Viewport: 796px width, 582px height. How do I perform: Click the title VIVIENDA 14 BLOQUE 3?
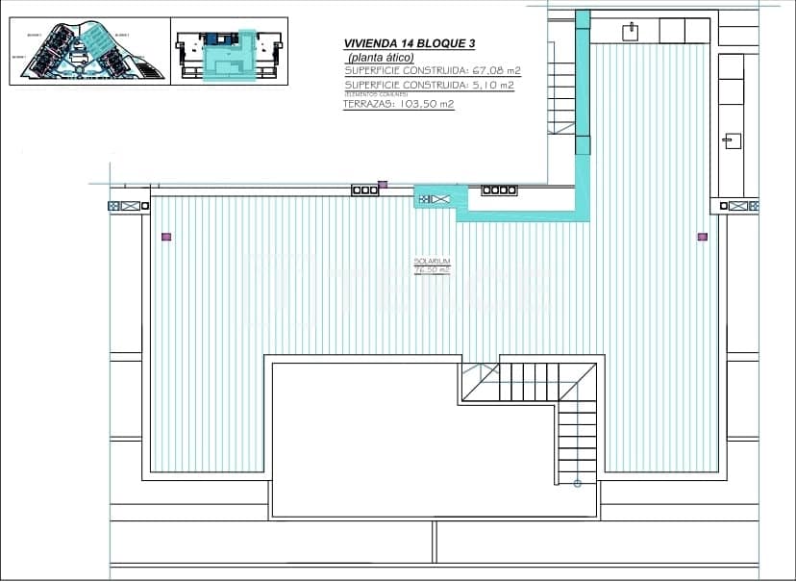pyautogui.click(x=410, y=43)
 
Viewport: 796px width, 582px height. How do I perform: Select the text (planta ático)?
pyautogui.click(x=381, y=58)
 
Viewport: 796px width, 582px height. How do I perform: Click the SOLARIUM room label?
pyautogui.click(x=433, y=262)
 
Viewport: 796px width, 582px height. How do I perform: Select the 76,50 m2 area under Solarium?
pyautogui.click(x=433, y=270)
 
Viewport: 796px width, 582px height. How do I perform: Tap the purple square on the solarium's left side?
pyautogui.click(x=166, y=236)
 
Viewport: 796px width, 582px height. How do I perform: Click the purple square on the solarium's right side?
pyautogui.click(x=703, y=236)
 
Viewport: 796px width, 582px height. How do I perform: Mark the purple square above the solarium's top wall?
pyautogui.click(x=383, y=184)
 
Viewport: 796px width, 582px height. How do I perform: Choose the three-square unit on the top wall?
pyautogui.click(x=365, y=190)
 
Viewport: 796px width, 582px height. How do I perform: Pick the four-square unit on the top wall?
pyautogui.click(x=499, y=190)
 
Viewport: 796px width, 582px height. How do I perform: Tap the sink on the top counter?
pyautogui.click(x=631, y=31)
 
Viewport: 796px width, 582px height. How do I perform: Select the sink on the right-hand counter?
pyautogui.click(x=733, y=140)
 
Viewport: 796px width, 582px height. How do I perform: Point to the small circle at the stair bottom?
pyautogui.click(x=578, y=483)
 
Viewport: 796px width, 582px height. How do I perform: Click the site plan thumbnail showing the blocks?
pyautogui.click(x=89, y=52)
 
